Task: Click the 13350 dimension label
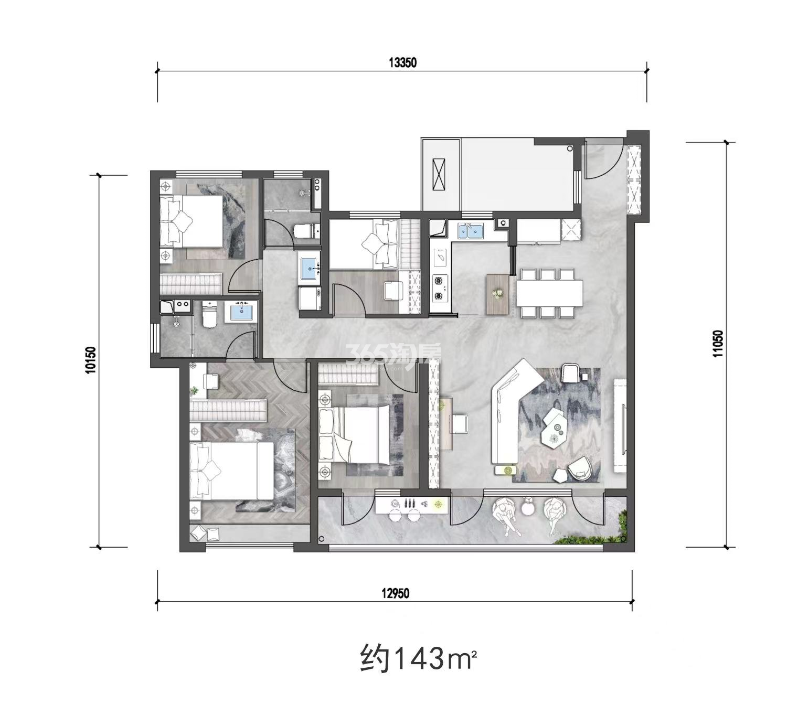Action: [402, 63]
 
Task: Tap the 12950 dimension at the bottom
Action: [396, 593]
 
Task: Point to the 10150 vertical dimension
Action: [91, 360]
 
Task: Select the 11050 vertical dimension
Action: [718, 344]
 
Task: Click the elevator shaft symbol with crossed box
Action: [438, 175]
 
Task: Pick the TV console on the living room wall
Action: [620, 426]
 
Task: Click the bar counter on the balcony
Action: [411, 506]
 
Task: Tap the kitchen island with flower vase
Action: [498, 294]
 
